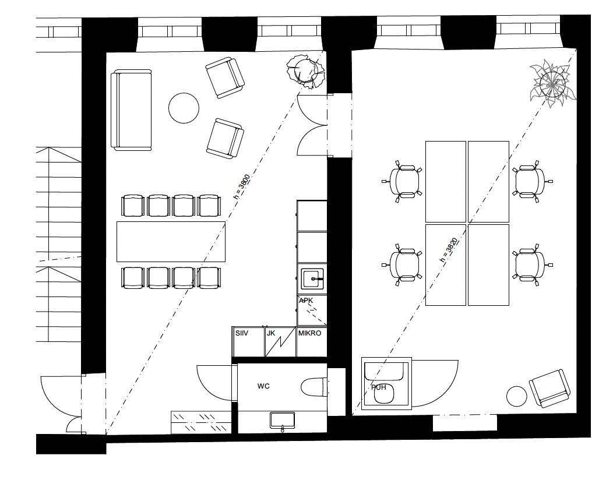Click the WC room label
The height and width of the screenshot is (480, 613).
[263, 386]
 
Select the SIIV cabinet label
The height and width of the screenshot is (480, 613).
[242, 333]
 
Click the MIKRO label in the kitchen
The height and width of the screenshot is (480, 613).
[309, 333]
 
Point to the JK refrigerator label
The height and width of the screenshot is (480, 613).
[271, 333]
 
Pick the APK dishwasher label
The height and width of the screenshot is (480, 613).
[306, 301]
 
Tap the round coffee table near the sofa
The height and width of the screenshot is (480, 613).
[184, 108]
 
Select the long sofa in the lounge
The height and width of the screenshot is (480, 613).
[131, 110]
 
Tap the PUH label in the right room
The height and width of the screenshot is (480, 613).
[378, 387]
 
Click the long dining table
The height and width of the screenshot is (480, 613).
[171, 242]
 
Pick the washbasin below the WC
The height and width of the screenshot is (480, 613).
[283, 421]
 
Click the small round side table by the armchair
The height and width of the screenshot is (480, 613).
[517, 396]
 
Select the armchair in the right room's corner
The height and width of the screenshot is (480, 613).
[549, 388]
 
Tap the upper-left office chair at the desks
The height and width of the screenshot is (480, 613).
[403, 181]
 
